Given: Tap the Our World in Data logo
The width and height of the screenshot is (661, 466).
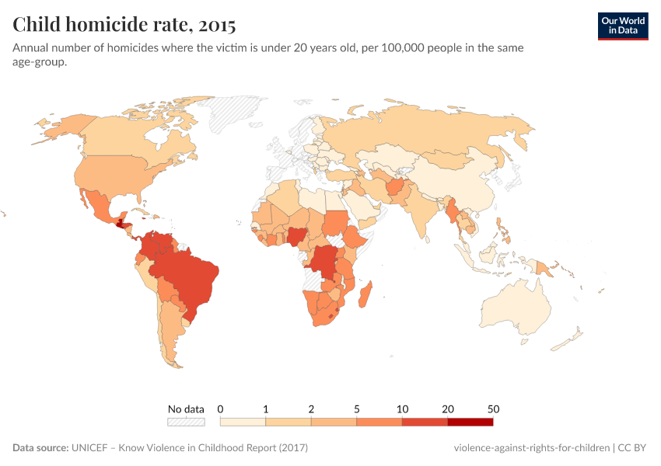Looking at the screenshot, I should tap(622, 26).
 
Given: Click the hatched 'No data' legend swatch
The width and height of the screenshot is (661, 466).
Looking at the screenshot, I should tap(186, 422).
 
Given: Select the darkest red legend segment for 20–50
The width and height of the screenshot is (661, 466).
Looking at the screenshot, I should tap(470, 422).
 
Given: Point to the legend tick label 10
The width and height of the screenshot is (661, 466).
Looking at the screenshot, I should tap(402, 409).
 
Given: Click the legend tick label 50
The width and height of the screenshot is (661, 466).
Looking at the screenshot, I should tap(493, 409).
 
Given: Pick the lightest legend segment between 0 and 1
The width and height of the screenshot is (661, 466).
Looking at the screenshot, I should tap(243, 422).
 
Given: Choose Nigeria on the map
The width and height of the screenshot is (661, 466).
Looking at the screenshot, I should tap(300, 236).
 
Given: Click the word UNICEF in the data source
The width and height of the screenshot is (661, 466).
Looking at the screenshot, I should tap(92, 448).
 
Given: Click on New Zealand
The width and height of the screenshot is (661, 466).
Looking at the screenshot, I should tap(574, 338).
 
